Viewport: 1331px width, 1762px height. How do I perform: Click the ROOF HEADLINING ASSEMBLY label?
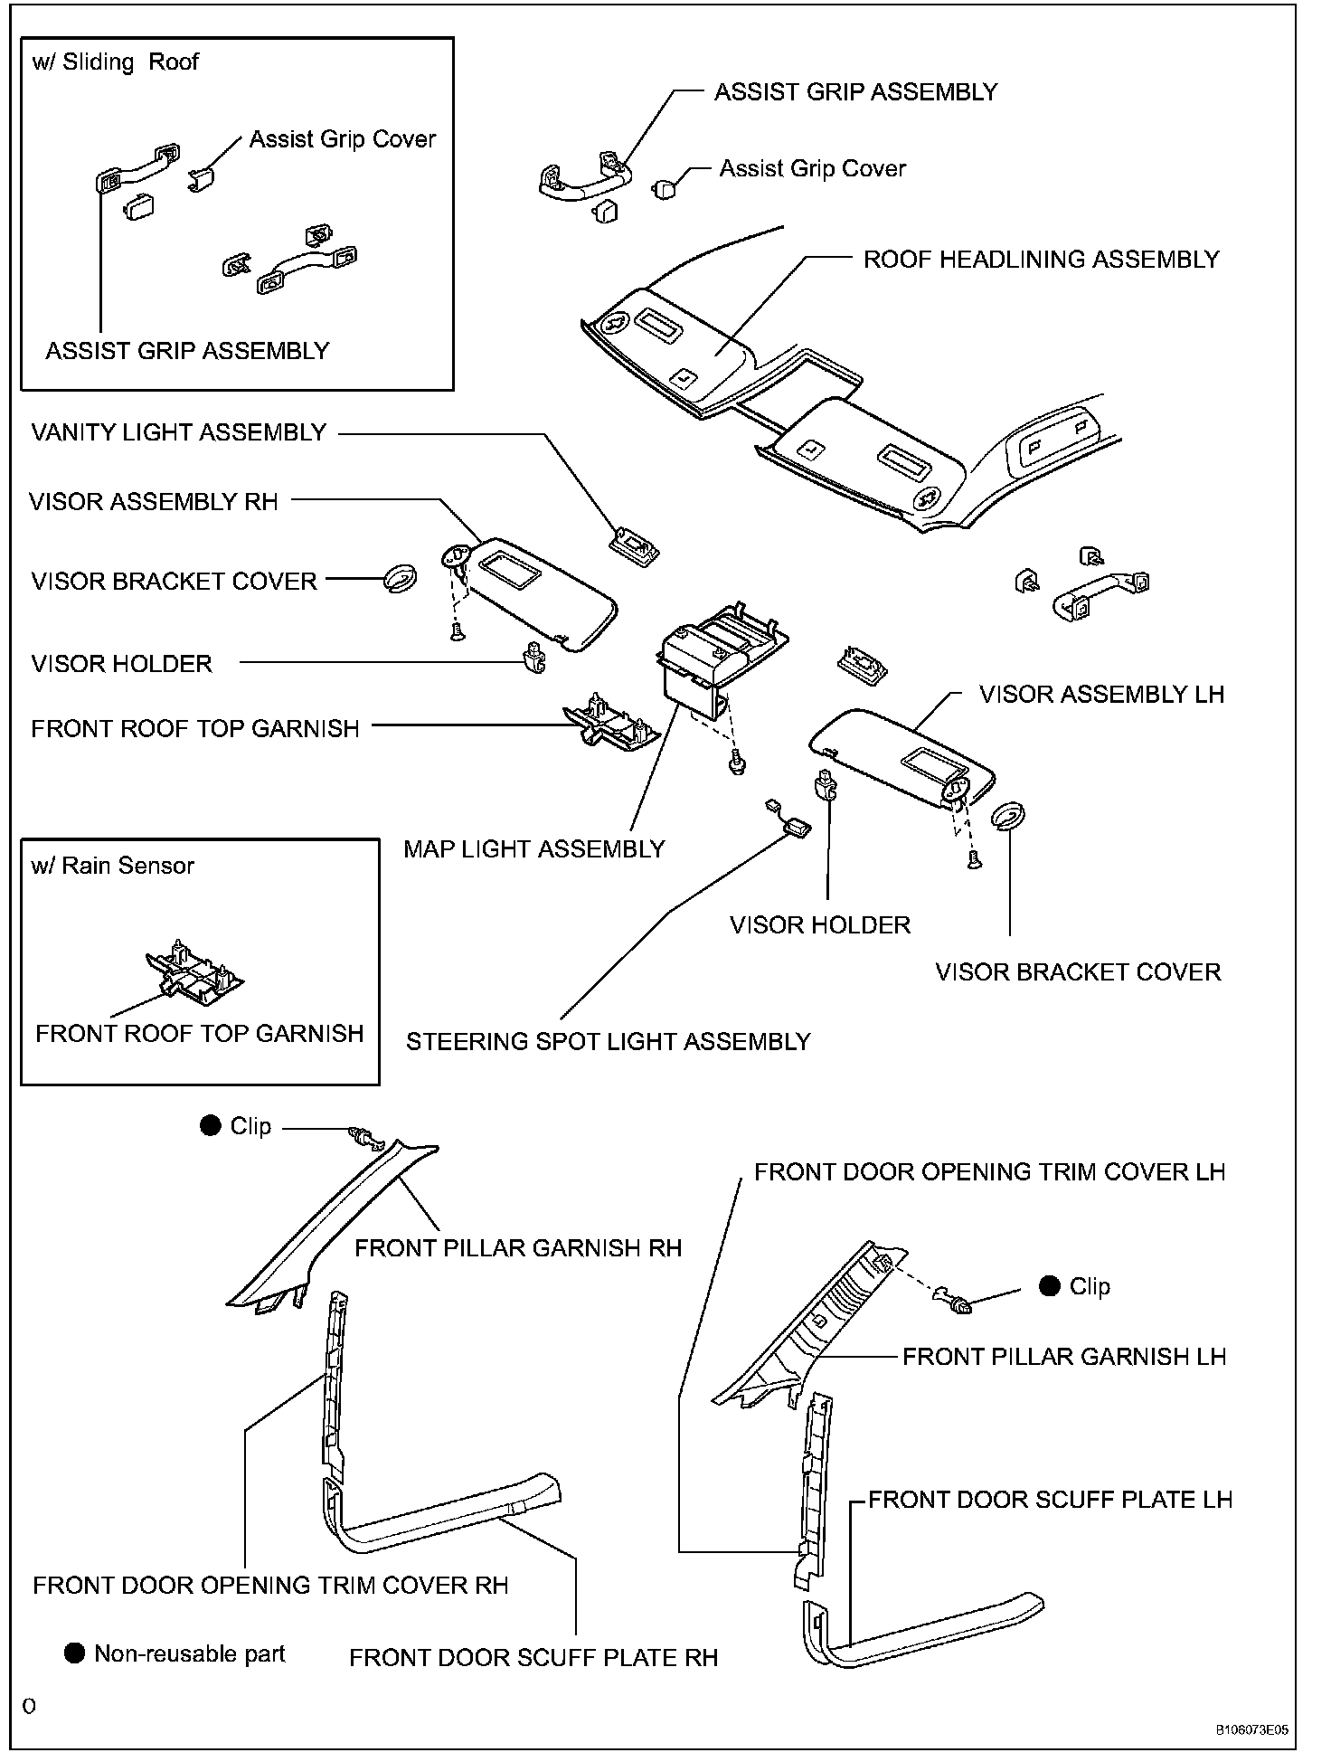(x=1041, y=260)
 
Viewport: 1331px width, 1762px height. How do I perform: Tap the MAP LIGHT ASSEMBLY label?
(x=533, y=849)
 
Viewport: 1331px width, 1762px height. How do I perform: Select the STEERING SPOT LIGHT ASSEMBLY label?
(x=608, y=1042)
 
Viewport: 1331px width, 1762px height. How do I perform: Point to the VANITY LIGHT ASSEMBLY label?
(x=178, y=432)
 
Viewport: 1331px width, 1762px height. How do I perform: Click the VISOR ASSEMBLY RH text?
(x=153, y=502)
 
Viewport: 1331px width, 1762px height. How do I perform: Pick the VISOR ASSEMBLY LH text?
(x=1101, y=695)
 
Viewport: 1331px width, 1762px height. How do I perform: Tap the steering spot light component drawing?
(x=797, y=824)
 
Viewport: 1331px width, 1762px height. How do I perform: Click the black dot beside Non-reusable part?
(x=75, y=1653)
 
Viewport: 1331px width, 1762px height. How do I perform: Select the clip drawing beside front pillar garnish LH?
(x=959, y=1303)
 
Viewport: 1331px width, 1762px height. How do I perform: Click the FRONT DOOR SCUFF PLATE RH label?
(x=533, y=1658)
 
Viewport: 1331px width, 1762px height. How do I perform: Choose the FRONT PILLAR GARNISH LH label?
(x=1064, y=1357)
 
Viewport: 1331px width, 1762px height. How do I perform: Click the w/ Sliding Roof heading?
(x=115, y=62)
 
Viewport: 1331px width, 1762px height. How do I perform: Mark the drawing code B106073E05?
(x=1251, y=1730)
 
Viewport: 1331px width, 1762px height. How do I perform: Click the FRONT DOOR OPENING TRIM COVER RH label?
(x=270, y=1586)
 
